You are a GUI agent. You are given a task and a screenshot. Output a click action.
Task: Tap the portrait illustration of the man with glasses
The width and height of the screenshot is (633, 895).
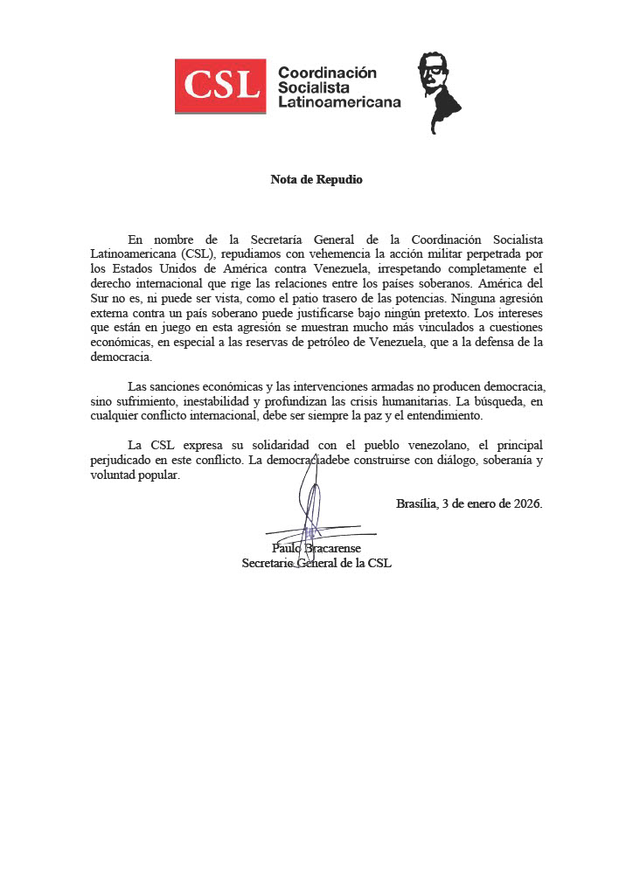(437, 89)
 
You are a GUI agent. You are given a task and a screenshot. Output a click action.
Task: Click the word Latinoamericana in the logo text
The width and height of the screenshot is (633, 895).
(338, 102)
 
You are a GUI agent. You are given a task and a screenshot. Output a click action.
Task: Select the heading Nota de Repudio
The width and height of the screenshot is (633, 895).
(316, 180)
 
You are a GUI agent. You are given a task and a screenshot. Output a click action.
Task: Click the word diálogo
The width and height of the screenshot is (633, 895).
(435, 460)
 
